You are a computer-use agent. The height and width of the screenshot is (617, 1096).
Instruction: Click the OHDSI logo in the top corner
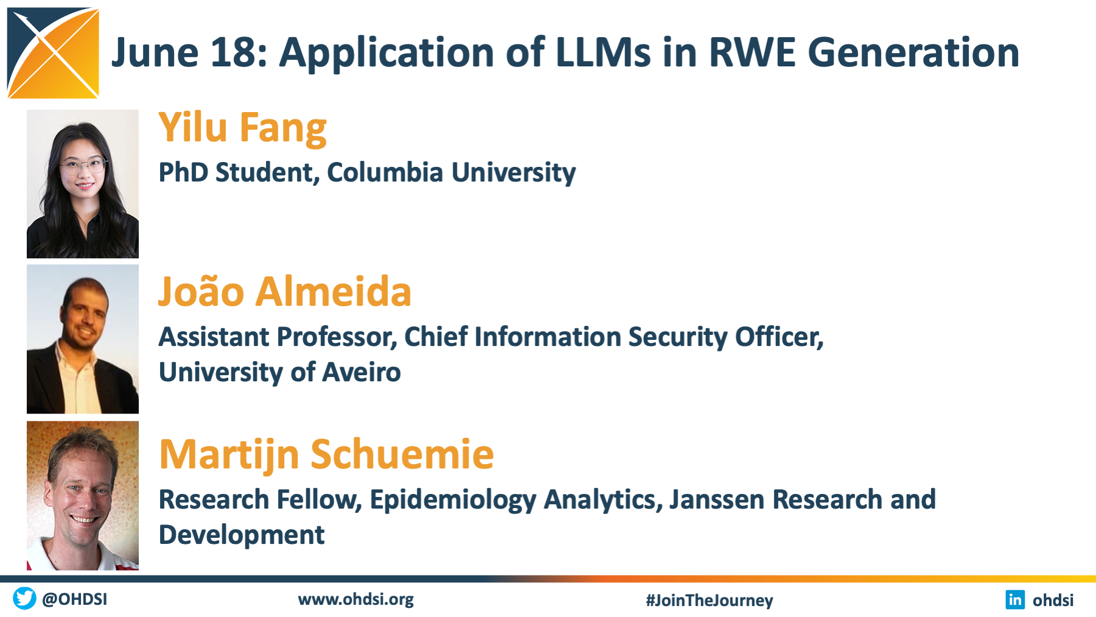point(53,53)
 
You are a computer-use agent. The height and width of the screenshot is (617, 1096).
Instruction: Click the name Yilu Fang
point(243,129)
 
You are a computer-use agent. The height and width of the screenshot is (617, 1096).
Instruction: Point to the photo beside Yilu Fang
point(83,184)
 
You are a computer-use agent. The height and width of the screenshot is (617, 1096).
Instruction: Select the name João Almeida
point(285,291)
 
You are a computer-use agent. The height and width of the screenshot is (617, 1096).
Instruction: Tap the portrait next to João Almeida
point(83,339)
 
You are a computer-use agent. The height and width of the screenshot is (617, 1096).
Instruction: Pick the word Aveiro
point(361,372)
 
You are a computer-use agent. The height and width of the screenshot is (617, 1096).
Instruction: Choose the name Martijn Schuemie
point(326,455)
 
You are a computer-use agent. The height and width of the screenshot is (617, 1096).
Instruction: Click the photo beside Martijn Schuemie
point(83,496)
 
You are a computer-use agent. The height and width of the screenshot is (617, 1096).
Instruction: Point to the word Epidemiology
point(453,500)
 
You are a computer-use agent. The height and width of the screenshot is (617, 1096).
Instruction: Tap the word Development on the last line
point(242,535)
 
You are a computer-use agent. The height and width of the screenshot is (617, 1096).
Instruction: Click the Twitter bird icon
point(24,599)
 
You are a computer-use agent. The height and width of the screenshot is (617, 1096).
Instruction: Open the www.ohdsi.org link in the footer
point(356,600)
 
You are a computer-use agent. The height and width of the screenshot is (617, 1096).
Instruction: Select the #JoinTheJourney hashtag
point(710,601)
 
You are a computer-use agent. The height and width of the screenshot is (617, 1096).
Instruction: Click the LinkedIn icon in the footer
point(1015,600)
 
